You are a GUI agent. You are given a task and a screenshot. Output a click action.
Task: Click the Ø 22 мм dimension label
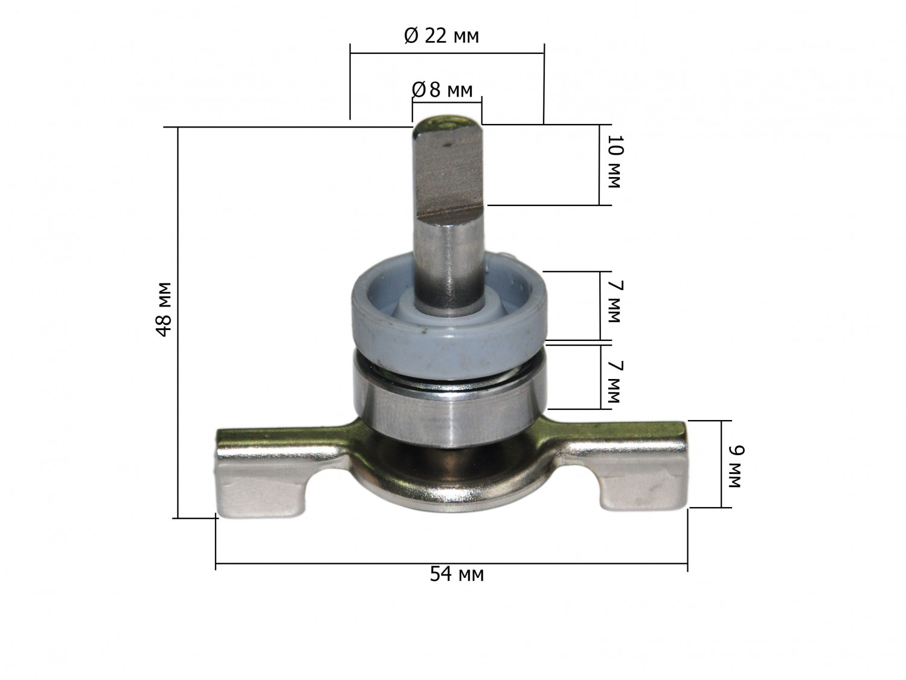[442, 36]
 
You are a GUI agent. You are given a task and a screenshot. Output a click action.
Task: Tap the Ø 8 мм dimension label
[442, 89]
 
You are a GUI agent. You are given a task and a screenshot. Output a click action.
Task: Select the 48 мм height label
[164, 309]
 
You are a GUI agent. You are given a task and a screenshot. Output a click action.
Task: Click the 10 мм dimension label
[615, 161]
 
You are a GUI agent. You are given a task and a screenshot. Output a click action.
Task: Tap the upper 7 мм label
[615, 302]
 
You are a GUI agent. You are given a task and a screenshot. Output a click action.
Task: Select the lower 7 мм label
[615, 383]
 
